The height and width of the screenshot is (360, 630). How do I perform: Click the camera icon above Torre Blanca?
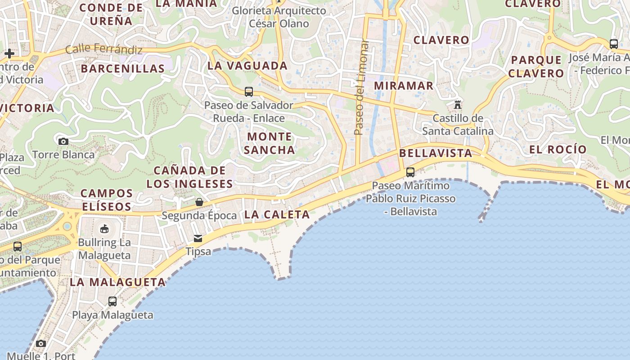click(x=63, y=141)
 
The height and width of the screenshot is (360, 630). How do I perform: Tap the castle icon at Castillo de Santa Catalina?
click(x=458, y=105)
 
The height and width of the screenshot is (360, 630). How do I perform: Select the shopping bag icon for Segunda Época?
click(x=199, y=202)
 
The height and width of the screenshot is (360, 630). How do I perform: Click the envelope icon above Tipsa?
click(x=198, y=238)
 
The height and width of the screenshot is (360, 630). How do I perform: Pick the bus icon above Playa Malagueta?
click(x=112, y=301)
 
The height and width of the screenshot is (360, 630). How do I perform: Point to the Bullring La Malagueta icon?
click(x=104, y=229)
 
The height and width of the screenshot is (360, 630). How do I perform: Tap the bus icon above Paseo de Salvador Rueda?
click(x=249, y=92)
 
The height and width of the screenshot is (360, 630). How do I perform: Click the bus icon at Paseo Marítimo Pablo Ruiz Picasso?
click(x=410, y=172)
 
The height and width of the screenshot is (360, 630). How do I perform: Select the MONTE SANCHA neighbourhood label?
click(x=270, y=143)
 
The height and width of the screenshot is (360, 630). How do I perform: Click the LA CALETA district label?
click(x=277, y=215)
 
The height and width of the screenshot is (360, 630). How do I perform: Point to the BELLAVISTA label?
click(x=436, y=153)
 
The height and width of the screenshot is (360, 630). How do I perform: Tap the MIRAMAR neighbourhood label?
click(x=404, y=85)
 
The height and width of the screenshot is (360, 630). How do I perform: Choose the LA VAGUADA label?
click(x=247, y=66)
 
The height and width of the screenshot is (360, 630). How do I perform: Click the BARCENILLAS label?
click(x=123, y=68)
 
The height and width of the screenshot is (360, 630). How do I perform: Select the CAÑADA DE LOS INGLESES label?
click(x=189, y=177)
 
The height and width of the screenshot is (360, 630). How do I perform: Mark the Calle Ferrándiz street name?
click(x=104, y=49)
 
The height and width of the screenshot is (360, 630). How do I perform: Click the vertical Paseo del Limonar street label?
click(x=360, y=88)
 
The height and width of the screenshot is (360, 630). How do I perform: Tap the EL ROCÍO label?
click(x=558, y=149)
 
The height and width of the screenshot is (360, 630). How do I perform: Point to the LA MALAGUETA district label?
click(x=118, y=282)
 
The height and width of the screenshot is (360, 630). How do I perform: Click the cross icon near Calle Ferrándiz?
click(x=9, y=54)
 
